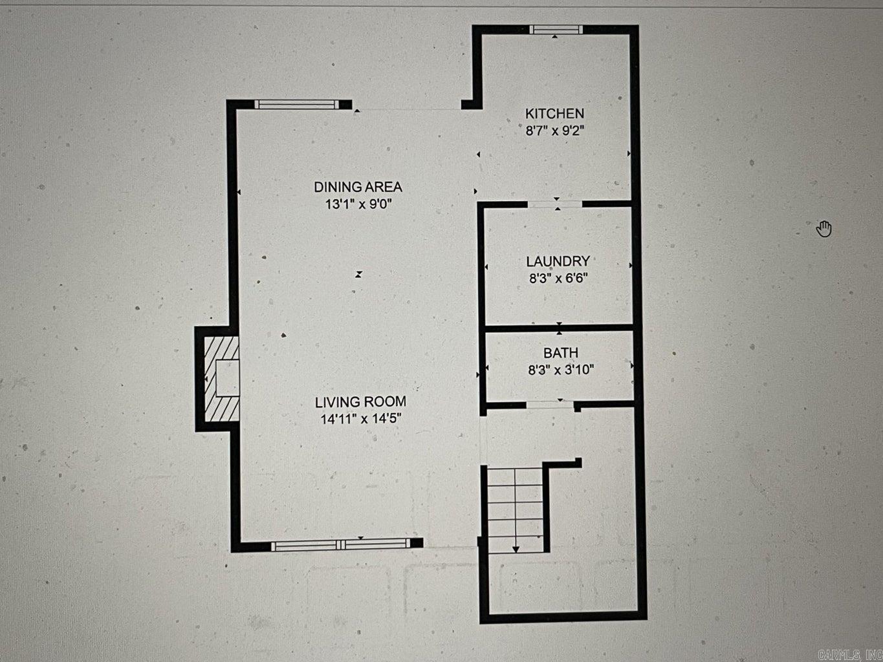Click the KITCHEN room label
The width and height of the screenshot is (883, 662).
(x=554, y=114)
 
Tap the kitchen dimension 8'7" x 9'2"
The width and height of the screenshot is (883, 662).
(x=555, y=131)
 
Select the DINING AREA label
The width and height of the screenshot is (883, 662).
(x=358, y=187)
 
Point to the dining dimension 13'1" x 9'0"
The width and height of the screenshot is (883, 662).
(x=358, y=204)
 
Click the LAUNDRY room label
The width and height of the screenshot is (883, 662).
(x=558, y=261)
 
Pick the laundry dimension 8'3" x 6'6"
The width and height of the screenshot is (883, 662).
(x=558, y=278)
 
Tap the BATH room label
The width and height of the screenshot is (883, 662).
(x=561, y=353)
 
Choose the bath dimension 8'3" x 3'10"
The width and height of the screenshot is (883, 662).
(x=561, y=370)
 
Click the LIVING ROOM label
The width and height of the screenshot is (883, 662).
(x=360, y=401)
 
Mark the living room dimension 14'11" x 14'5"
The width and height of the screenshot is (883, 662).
(x=361, y=419)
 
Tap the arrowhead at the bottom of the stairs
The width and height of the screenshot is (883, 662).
(x=516, y=550)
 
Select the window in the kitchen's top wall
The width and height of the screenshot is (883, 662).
(x=556, y=29)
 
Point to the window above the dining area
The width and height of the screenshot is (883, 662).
(x=297, y=105)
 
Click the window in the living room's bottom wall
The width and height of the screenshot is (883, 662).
(x=341, y=544)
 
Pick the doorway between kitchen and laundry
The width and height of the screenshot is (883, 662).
(x=555, y=204)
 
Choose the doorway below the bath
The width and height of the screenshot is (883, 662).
(x=550, y=405)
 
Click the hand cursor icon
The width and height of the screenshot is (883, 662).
(x=824, y=229)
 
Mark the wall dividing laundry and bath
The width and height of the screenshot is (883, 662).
(x=559, y=328)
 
